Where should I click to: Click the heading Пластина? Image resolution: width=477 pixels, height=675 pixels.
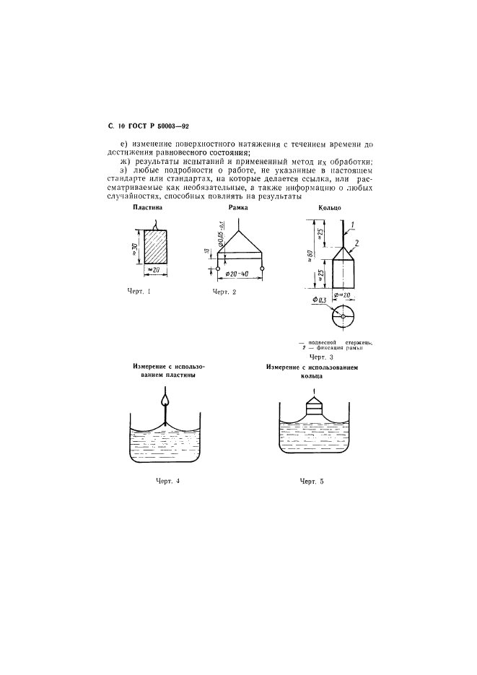(149, 208)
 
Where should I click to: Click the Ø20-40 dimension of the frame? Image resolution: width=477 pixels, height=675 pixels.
(237, 274)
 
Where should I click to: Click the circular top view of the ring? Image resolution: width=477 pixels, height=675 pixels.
(341, 317)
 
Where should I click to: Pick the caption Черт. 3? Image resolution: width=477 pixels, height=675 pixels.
(322, 357)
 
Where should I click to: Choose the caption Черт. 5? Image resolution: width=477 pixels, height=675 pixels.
(312, 480)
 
